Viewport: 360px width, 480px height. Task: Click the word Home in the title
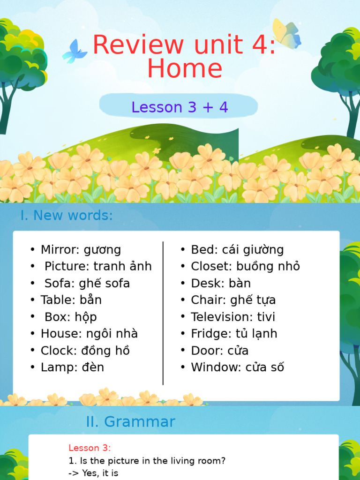[x=185, y=68]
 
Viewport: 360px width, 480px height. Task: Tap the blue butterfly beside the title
[x=75, y=51]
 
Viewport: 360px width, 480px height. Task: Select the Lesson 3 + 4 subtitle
[x=180, y=107]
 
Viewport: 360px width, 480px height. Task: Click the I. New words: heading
[x=67, y=216]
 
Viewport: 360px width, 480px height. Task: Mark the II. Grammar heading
[x=130, y=421]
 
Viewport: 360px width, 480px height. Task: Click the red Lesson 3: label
[x=90, y=448]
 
